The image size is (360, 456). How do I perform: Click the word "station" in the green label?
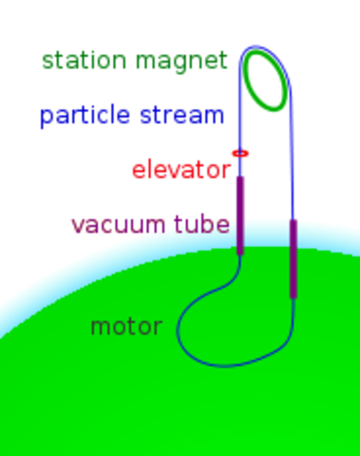[x=84, y=63]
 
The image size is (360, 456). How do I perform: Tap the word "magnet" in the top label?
[x=181, y=63]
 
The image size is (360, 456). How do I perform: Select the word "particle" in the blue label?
[x=85, y=117]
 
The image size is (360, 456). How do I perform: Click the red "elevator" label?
[x=181, y=171]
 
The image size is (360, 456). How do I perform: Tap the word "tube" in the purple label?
[x=200, y=226]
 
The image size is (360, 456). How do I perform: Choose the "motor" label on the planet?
[x=125, y=328]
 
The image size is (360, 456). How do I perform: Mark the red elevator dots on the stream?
[x=240, y=152]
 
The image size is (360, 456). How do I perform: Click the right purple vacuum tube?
[x=294, y=256]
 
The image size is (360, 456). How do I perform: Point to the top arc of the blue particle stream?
[x=256, y=46]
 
